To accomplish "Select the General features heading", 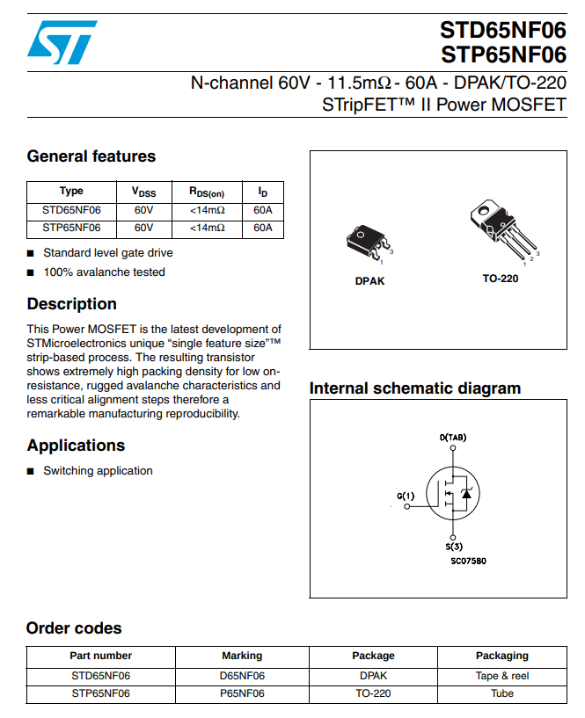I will point(91,156).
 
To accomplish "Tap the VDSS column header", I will point(143,192).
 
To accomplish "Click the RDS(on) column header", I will point(207,192).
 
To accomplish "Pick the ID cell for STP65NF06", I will point(262,228).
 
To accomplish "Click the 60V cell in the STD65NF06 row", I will point(143,210).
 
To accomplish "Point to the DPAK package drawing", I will point(368,243).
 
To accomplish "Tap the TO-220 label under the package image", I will point(500,279).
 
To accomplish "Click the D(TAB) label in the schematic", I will point(452,437).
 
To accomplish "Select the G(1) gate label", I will point(406,497).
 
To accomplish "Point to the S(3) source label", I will point(452,547).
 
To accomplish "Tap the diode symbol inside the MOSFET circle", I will point(466,495).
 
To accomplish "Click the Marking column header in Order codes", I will point(242,656).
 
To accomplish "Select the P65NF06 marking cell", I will point(242,693).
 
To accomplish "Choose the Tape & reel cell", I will point(502,676).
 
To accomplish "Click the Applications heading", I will point(76,446).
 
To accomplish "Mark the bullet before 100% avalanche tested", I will point(32,272).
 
